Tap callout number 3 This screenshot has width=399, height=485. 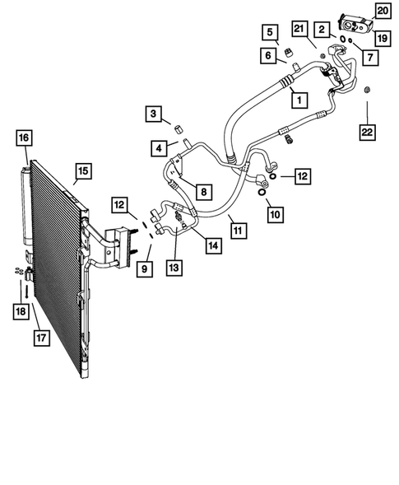[154, 113]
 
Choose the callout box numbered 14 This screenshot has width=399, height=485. [213, 245]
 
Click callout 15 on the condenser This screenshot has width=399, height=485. [82, 171]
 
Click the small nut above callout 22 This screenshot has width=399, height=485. [367, 88]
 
